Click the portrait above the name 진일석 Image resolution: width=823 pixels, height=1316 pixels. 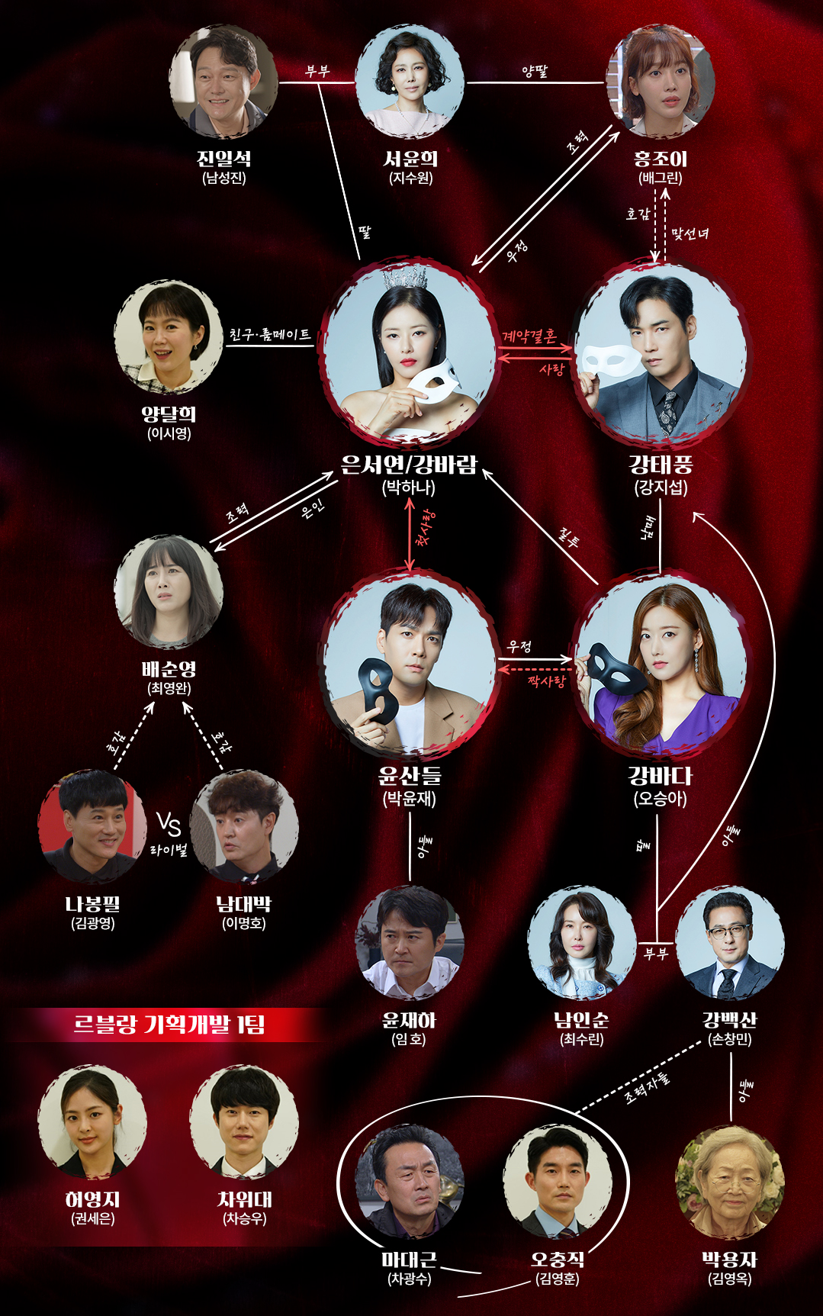click(x=223, y=82)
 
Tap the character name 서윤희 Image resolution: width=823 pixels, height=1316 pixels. click(x=410, y=159)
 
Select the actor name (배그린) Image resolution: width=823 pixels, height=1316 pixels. click(x=661, y=179)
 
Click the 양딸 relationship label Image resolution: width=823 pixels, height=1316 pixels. click(x=535, y=72)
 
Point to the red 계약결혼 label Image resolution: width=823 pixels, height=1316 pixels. click(x=529, y=336)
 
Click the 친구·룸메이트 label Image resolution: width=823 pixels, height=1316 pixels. click(x=270, y=335)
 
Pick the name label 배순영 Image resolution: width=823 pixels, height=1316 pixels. click(x=169, y=669)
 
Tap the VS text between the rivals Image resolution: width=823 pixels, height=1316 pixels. click(x=169, y=824)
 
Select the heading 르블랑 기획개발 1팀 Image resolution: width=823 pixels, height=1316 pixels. click(x=169, y=1024)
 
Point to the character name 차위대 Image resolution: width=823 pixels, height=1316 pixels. click(x=244, y=1199)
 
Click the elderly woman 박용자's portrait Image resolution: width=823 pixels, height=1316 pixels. click(x=730, y=1181)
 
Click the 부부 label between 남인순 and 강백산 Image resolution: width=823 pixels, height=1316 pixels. click(x=655, y=954)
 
